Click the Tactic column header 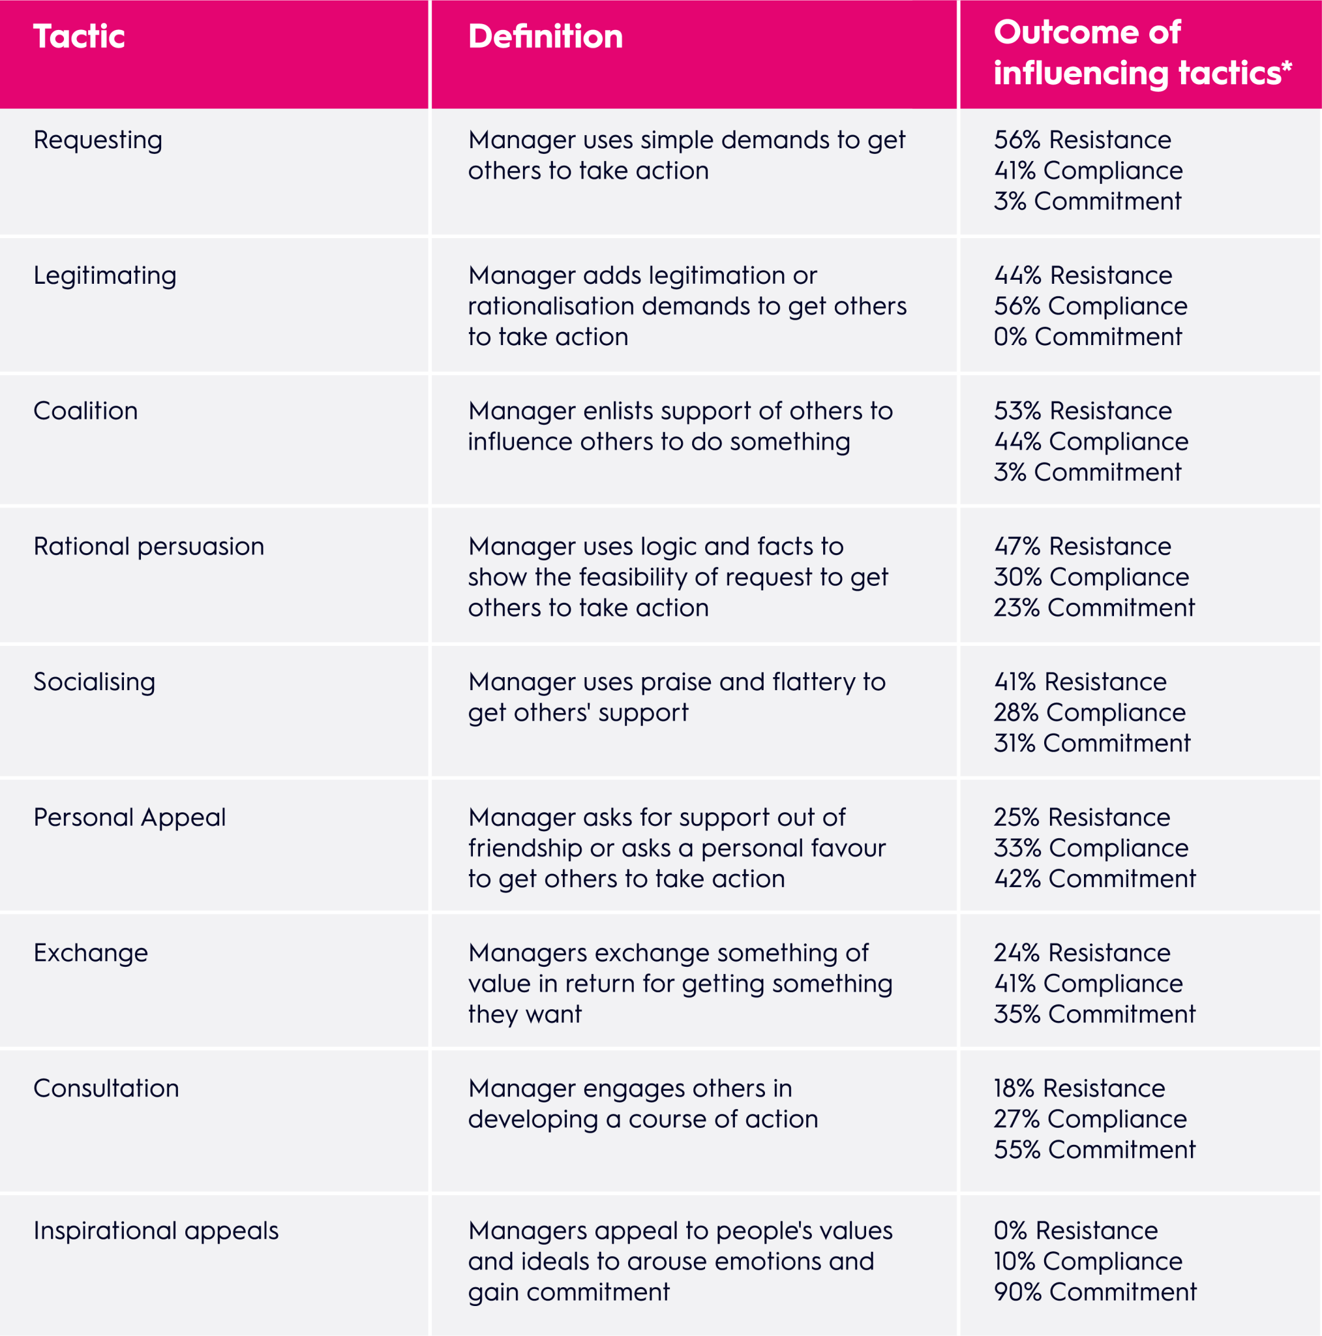click(x=79, y=37)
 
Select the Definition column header click(x=545, y=37)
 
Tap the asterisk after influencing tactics click(x=1286, y=67)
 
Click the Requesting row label click(x=97, y=140)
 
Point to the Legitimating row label click(x=104, y=276)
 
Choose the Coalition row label click(x=85, y=412)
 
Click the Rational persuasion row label click(x=149, y=547)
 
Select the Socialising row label click(x=94, y=682)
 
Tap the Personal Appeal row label click(x=129, y=818)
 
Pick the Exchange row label click(x=91, y=954)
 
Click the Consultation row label click(x=106, y=1089)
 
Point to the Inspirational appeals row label click(x=156, y=1232)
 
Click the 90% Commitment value click(x=1094, y=1292)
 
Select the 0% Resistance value click(x=1075, y=1232)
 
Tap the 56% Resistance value click(x=1082, y=140)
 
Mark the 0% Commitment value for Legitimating click(x=1088, y=337)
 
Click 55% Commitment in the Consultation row click(x=1094, y=1150)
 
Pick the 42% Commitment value click(x=1094, y=879)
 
